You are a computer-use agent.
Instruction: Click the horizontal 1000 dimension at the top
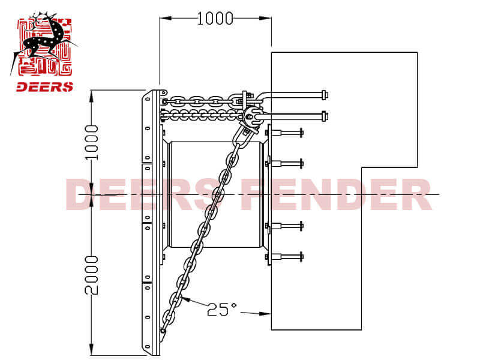(215, 19)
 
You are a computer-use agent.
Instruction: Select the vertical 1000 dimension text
(92, 143)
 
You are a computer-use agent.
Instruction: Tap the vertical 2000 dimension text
(92, 275)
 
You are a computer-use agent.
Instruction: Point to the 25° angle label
(222, 309)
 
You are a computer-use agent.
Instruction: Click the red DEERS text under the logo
(44, 87)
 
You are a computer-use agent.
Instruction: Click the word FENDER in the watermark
(336, 194)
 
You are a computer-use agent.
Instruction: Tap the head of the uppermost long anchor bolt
(325, 95)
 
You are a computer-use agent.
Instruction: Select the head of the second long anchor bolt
(325, 116)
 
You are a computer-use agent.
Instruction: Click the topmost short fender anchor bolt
(284, 133)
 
